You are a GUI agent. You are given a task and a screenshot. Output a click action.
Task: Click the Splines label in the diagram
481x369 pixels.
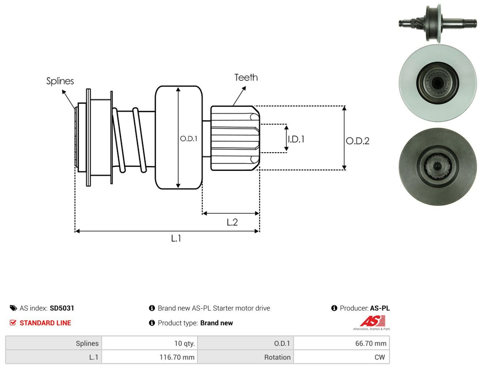60,81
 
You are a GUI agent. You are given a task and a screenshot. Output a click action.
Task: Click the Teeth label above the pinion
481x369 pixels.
246,77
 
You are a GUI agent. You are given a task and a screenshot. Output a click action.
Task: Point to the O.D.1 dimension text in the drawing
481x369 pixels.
188,139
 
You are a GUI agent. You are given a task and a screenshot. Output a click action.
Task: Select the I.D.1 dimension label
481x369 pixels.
296,139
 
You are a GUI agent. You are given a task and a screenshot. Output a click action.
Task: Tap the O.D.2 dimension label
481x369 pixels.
357,141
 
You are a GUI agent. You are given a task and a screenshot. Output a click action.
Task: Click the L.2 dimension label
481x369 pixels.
232,222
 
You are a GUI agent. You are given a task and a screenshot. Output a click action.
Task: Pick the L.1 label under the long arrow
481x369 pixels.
176,238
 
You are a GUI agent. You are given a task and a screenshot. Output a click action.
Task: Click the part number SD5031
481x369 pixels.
62,308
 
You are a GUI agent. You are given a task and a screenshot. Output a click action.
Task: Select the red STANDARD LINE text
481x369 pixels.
45,323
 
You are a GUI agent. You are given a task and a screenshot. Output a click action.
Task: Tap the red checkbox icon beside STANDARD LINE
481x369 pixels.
13,323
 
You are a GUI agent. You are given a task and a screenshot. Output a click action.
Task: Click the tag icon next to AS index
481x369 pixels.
13,308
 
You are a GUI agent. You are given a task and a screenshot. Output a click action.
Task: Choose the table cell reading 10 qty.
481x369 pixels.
149,343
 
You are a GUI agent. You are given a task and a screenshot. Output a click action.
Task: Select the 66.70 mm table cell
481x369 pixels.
341,343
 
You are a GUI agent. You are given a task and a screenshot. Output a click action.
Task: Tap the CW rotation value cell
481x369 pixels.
341,357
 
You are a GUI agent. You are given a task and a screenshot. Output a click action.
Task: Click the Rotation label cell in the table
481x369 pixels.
246,357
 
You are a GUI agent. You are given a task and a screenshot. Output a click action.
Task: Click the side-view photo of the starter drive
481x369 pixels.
438,23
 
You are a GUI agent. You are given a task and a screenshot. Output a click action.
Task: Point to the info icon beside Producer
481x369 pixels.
334,308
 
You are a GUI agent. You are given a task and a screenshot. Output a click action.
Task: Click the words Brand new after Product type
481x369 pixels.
216,323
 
